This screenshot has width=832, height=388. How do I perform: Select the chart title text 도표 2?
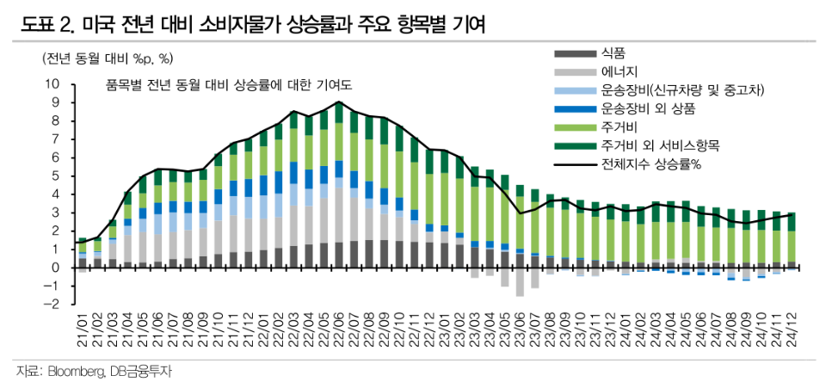48,26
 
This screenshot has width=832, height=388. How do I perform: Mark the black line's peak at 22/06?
340,102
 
